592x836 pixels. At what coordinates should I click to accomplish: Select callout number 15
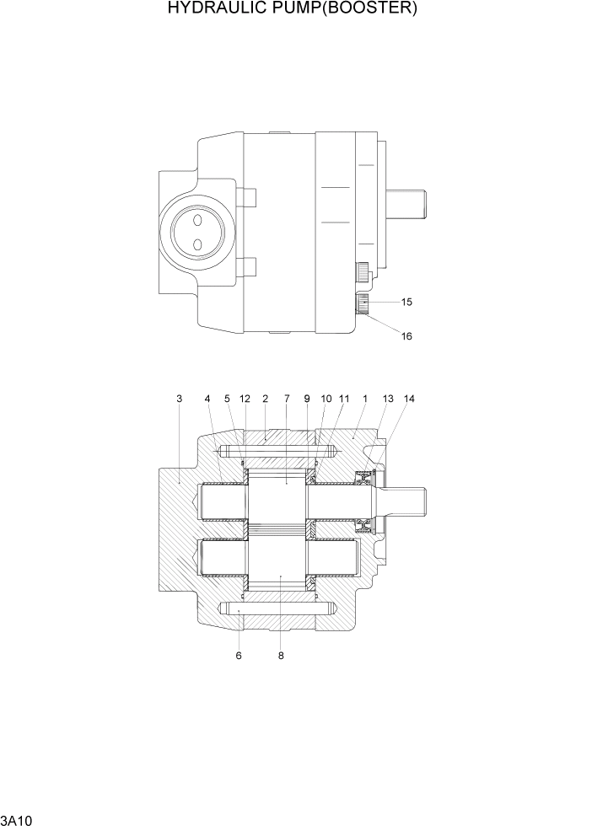pyautogui.click(x=406, y=302)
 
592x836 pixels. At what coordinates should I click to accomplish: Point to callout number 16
pyautogui.click(x=406, y=335)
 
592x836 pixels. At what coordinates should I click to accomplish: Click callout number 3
pyautogui.click(x=179, y=399)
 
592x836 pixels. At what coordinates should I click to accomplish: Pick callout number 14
pyautogui.click(x=410, y=399)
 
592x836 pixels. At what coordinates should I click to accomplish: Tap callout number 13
pyautogui.click(x=388, y=399)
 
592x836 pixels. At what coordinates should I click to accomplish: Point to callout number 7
pyautogui.click(x=287, y=399)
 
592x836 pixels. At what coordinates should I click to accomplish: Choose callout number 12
pyautogui.click(x=245, y=399)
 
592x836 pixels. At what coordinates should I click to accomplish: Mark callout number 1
pyautogui.click(x=364, y=399)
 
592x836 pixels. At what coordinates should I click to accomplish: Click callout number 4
pyautogui.click(x=207, y=399)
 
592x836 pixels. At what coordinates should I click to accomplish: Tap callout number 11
pyautogui.click(x=344, y=399)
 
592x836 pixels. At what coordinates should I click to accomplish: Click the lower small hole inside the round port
pyautogui.click(x=197, y=244)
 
